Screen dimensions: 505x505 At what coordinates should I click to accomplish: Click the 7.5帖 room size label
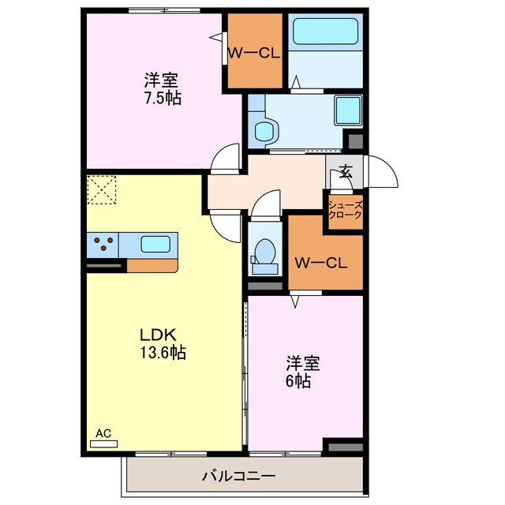point(163,98)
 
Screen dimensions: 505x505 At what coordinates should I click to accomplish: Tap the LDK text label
point(158,335)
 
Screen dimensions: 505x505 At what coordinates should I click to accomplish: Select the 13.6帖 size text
point(163,353)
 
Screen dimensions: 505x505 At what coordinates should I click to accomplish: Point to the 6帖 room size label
point(298,381)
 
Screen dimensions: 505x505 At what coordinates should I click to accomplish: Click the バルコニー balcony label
point(238,476)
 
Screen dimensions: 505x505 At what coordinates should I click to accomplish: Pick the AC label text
point(103,433)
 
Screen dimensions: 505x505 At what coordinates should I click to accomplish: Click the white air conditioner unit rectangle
point(103,444)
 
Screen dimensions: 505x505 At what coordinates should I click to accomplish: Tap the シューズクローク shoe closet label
point(346,210)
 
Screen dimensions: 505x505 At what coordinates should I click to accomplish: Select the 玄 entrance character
point(346,171)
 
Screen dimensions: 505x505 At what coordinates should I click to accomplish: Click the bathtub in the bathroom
point(326,32)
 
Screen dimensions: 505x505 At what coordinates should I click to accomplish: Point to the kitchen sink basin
point(155,245)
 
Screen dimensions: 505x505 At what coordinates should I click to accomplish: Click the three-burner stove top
point(103,245)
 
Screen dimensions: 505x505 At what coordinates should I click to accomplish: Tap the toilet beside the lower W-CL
point(265,256)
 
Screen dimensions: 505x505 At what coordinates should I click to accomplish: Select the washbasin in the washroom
point(266,131)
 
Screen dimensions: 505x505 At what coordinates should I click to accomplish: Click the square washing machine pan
point(348,110)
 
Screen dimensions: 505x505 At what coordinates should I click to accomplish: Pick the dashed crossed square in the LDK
point(102,189)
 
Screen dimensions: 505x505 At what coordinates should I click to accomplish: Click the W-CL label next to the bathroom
point(254,54)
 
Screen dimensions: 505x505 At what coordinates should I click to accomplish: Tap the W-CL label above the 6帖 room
point(321,263)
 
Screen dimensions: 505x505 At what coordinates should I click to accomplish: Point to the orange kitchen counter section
point(152,266)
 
